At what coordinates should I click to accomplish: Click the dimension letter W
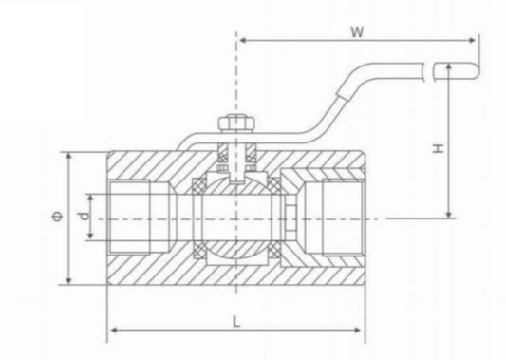click(358, 30)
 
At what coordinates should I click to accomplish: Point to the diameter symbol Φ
click(59, 218)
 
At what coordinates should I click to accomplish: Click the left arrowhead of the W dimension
click(241, 41)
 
